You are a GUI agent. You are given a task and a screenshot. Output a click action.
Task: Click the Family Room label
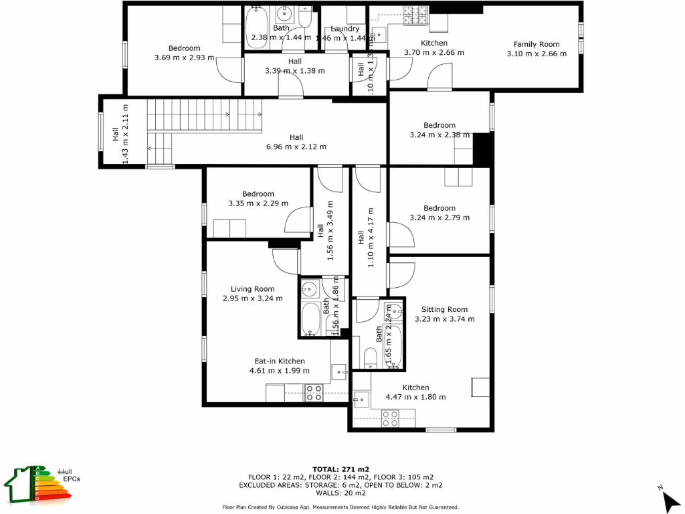click(536, 44)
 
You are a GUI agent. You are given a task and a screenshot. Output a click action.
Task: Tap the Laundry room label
click(345, 29)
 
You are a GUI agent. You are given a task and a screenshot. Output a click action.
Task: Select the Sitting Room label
click(444, 309)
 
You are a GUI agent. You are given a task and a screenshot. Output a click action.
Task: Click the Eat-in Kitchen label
click(279, 361)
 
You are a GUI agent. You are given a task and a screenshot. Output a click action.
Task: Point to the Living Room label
click(252, 289)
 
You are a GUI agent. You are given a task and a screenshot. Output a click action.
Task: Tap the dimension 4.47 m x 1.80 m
click(415, 397)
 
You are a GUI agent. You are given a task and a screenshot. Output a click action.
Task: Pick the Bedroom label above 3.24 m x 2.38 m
click(439, 125)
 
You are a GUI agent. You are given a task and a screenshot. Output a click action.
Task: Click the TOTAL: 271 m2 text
click(340, 468)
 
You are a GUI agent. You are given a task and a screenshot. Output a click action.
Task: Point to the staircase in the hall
click(204, 114)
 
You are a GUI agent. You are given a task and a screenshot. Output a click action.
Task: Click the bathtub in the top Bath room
click(257, 25)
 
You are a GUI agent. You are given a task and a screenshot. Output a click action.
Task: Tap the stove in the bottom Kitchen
click(390, 418)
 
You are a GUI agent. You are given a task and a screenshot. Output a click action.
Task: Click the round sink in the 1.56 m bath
click(309, 290)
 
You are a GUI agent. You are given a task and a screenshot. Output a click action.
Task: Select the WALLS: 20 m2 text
click(340, 493)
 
